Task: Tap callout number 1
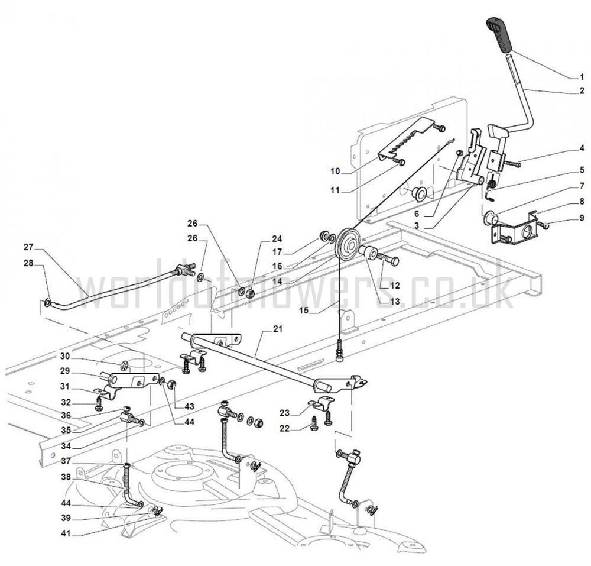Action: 581,76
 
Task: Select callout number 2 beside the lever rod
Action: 581,91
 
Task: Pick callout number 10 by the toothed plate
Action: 335,171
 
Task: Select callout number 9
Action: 581,218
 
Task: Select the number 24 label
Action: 277,239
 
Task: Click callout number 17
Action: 277,251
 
